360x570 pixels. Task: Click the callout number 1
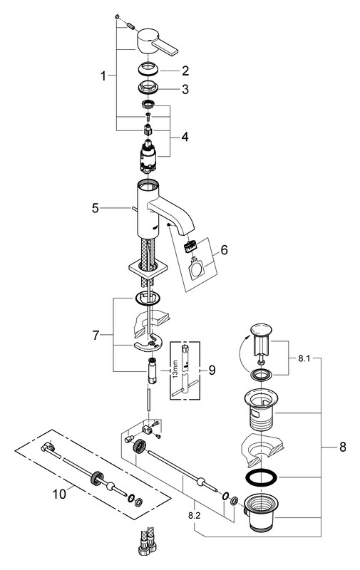pyautogui.click(x=103, y=76)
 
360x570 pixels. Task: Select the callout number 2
pyautogui.click(x=185, y=71)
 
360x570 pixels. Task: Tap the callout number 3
pyautogui.click(x=185, y=89)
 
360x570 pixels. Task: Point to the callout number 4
pyautogui.click(x=185, y=138)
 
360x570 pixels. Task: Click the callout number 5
pyautogui.click(x=96, y=208)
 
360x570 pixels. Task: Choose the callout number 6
pyautogui.click(x=224, y=250)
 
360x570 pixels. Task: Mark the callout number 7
pyautogui.click(x=96, y=335)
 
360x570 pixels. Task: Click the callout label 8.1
pyautogui.click(x=304, y=359)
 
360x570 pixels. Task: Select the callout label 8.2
pyautogui.click(x=195, y=515)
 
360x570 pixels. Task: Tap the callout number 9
pyautogui.click(x=212, y=370)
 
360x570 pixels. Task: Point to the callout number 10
pyautogui.click(x=60, y=494)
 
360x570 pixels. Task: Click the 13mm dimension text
pyautogui.click(x=175, y=369)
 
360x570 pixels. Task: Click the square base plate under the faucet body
pyautogui.click(x=148, y=269)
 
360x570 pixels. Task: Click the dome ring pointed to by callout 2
pyautogui.click(x=148, y=68)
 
